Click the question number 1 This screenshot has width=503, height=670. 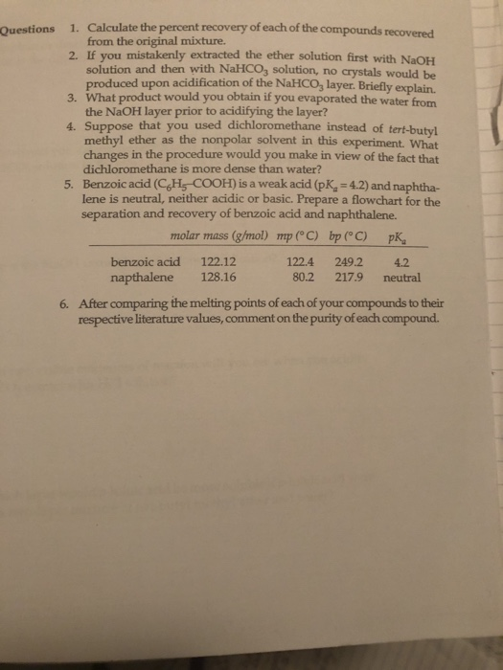75,26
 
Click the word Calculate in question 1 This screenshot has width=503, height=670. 114,26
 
